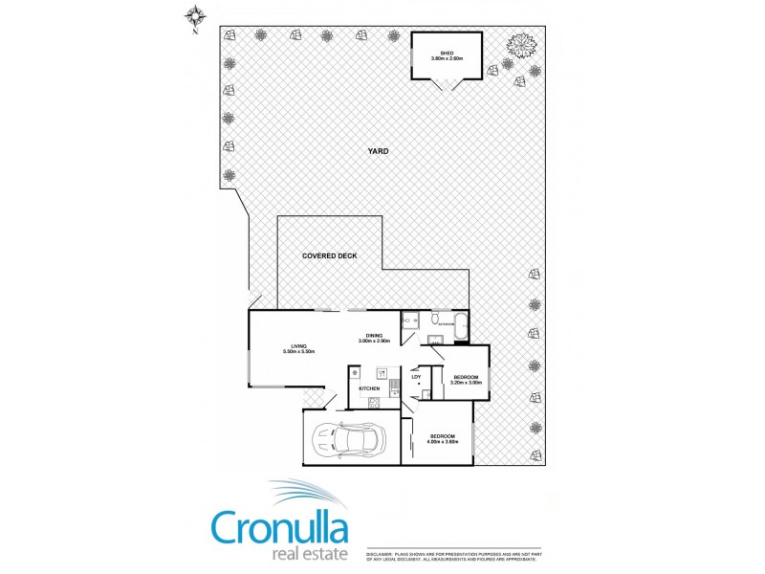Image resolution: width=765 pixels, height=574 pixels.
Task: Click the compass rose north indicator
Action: (195, 16)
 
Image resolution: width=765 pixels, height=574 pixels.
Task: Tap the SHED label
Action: (447, 53)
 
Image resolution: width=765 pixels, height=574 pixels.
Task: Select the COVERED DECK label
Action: (330, 255)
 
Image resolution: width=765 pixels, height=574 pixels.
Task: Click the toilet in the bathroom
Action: (435, 320)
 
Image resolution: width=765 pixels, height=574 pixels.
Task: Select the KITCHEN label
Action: (370, 388)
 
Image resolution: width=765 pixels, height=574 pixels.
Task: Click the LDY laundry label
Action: (416, 377)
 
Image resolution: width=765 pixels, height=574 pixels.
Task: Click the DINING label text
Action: (375, 335)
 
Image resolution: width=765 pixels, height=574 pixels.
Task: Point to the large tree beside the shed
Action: (521, 46)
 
